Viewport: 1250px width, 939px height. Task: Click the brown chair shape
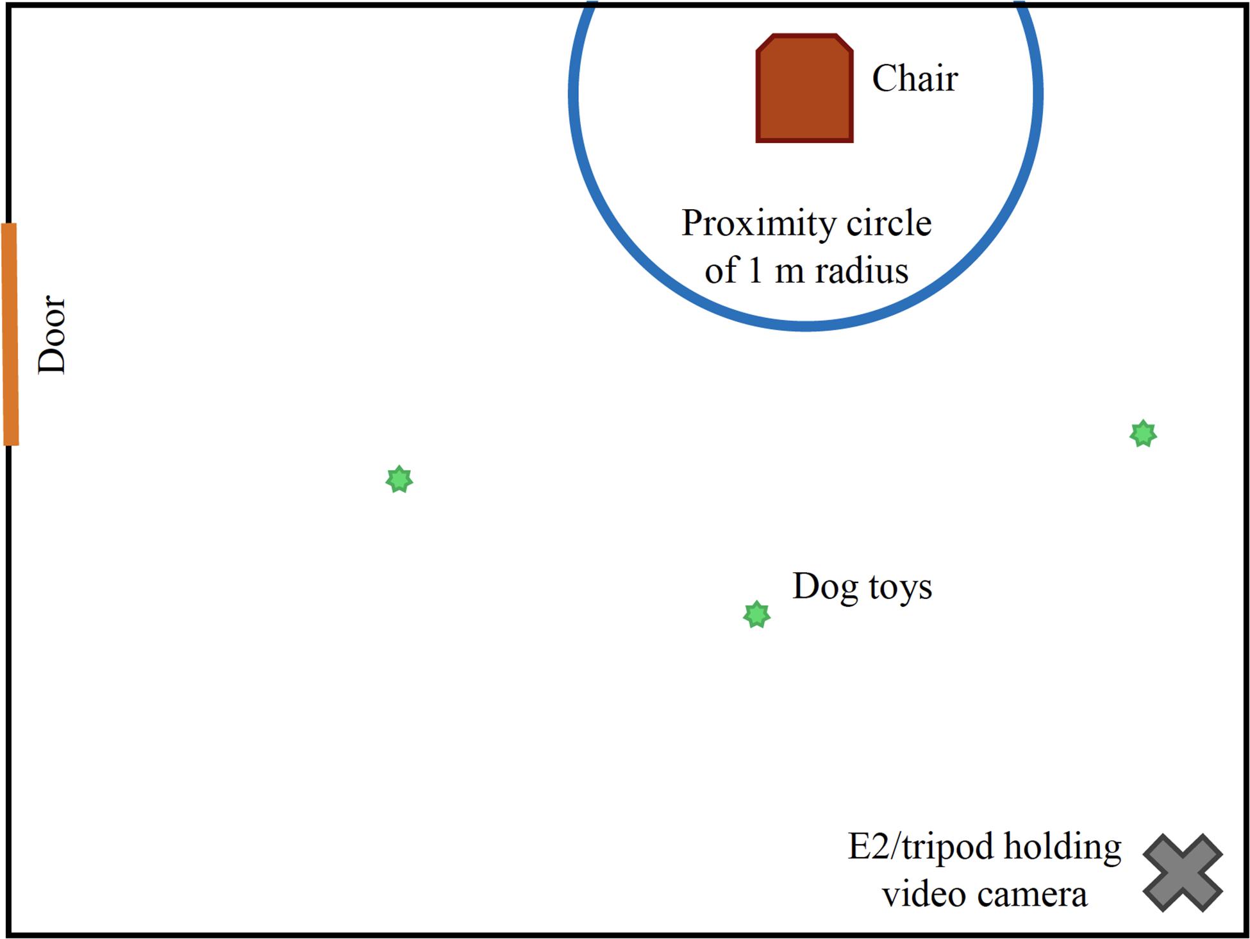(804, 88)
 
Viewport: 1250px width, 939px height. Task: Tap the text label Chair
(915, 78)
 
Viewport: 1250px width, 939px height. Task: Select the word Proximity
(758, 224)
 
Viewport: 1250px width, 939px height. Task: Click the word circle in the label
(889, 223)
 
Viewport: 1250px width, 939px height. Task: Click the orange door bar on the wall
(10, 334)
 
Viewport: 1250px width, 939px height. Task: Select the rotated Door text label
(52, 334)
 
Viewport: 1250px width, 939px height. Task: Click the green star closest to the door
(399, 479)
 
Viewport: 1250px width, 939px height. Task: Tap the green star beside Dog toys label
(756, 614)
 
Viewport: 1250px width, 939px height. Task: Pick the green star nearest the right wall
(1143, 434)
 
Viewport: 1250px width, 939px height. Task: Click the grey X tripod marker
(1183, 873)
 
